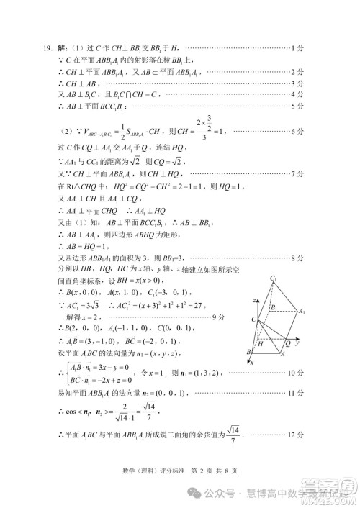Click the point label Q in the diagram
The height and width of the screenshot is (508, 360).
point(287,344)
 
